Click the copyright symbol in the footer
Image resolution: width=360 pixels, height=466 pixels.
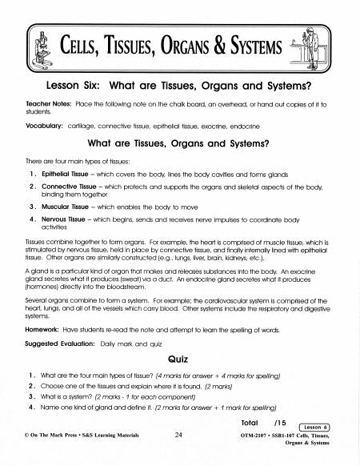(x=30, y=436)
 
